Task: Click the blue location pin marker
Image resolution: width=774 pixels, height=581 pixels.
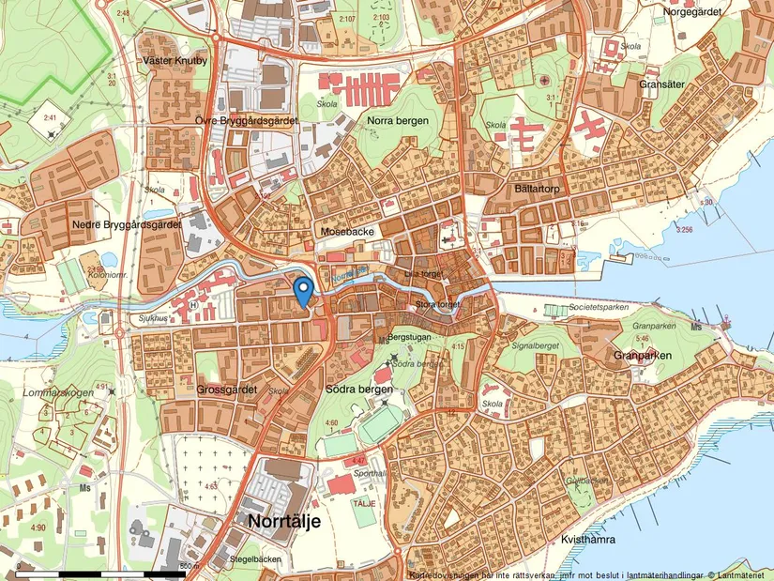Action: click(x=303, y=291)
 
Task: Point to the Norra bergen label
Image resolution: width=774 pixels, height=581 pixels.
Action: click(x=398, y=121)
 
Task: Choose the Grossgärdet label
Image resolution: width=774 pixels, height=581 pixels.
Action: click(x=228, y=389)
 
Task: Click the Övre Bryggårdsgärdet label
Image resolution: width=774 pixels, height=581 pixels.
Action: click(x=248, y=121)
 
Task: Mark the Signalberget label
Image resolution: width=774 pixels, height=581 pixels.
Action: click(x=531, y=344)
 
